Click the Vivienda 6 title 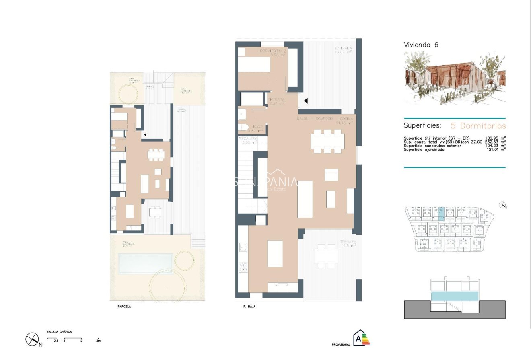(421, 45)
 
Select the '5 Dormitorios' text (477, 125)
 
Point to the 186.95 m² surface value (494, 138)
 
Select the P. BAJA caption (250, 307)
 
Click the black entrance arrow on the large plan (306, 101)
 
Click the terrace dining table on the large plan (326, 255)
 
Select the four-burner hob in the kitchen (243, 267)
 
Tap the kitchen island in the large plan (275, 253)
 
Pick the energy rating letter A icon (361, 338)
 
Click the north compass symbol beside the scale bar (32, 340)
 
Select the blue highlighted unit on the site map (440, 214)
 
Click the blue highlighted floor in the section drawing (455, 296)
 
